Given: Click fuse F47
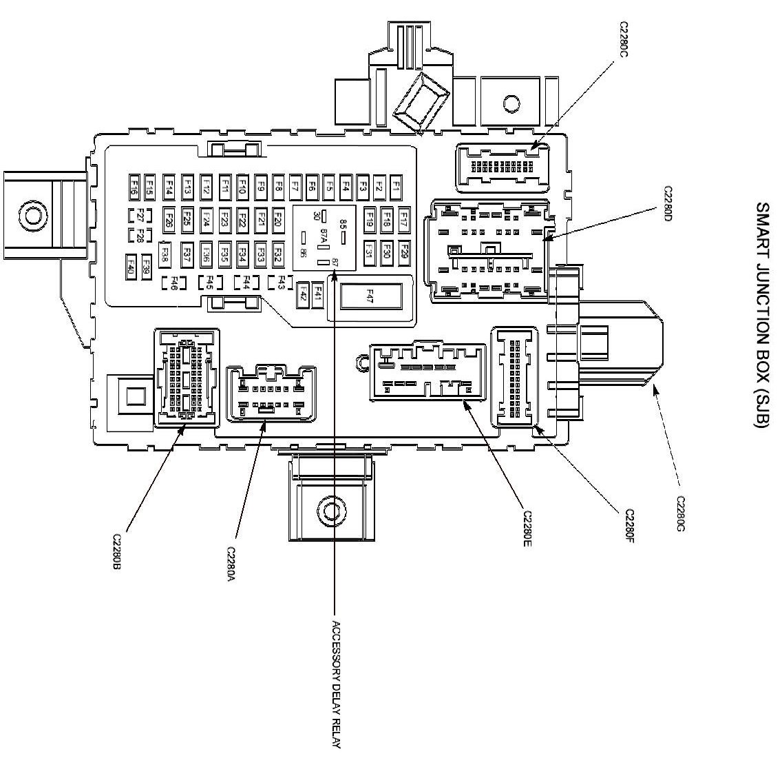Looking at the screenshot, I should point(370,296).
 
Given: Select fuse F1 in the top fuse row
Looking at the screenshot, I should point(396,185).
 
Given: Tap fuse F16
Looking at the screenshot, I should point(135,185).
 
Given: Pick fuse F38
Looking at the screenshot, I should point(165,252).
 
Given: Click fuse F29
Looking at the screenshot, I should point(404,252).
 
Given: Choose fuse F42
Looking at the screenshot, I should point(302,296).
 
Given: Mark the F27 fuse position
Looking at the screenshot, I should point(139,214).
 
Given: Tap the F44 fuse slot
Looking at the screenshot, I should point(245,282).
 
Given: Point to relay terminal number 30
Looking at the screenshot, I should point(316,215).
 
